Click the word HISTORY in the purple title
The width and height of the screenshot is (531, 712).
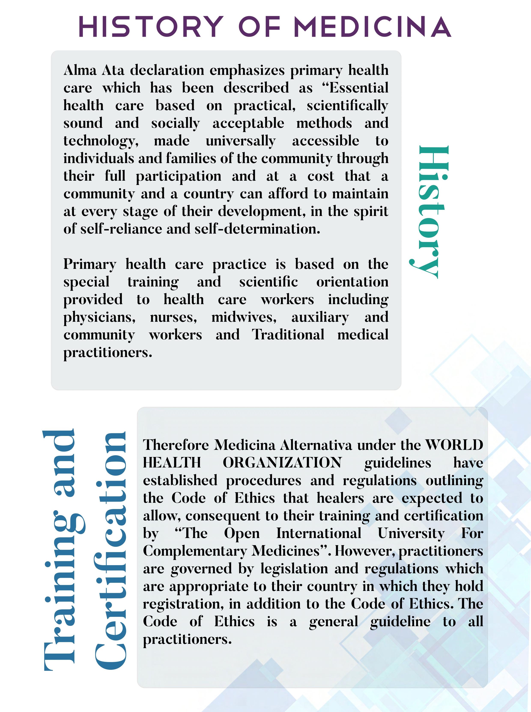click(151, 26)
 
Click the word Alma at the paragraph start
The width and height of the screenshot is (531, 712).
click(80, 70)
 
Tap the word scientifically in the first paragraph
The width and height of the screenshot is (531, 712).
click(348, 105)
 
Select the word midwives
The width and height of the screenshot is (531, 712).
click(244, 317)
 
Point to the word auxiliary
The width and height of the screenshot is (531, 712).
click(320, 317)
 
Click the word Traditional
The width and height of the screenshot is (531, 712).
click(288, 335)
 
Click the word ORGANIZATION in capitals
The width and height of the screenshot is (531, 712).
click(282, 463)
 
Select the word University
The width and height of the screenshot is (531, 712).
click(411, 533)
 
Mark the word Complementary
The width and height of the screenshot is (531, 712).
click(194, 551)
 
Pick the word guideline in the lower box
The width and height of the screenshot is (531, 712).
click(400, 622)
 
